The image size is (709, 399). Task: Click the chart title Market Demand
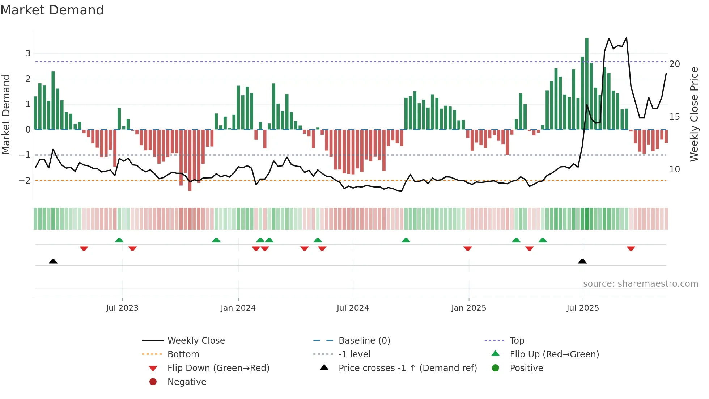coord(52,10)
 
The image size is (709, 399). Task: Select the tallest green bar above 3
coord(587,83)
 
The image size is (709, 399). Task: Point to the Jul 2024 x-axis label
coord(353,308)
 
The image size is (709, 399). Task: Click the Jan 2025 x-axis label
coord(469,308)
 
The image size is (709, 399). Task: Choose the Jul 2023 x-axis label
coord(122,308)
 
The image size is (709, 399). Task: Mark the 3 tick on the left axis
coord(28,54)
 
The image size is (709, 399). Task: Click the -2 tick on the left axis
coord(25,180)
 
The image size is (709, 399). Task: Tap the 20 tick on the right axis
coord(675,64)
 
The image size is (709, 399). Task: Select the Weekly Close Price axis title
coord(694,114)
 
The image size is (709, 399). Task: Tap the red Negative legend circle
coord(153,382)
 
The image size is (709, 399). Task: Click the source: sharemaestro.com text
coord(640,283)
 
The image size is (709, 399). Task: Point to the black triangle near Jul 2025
coord(582,261)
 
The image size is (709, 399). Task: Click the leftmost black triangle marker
coord(53,261)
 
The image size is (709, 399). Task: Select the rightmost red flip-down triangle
coord(631,248)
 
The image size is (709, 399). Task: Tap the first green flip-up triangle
coord(119,240)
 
